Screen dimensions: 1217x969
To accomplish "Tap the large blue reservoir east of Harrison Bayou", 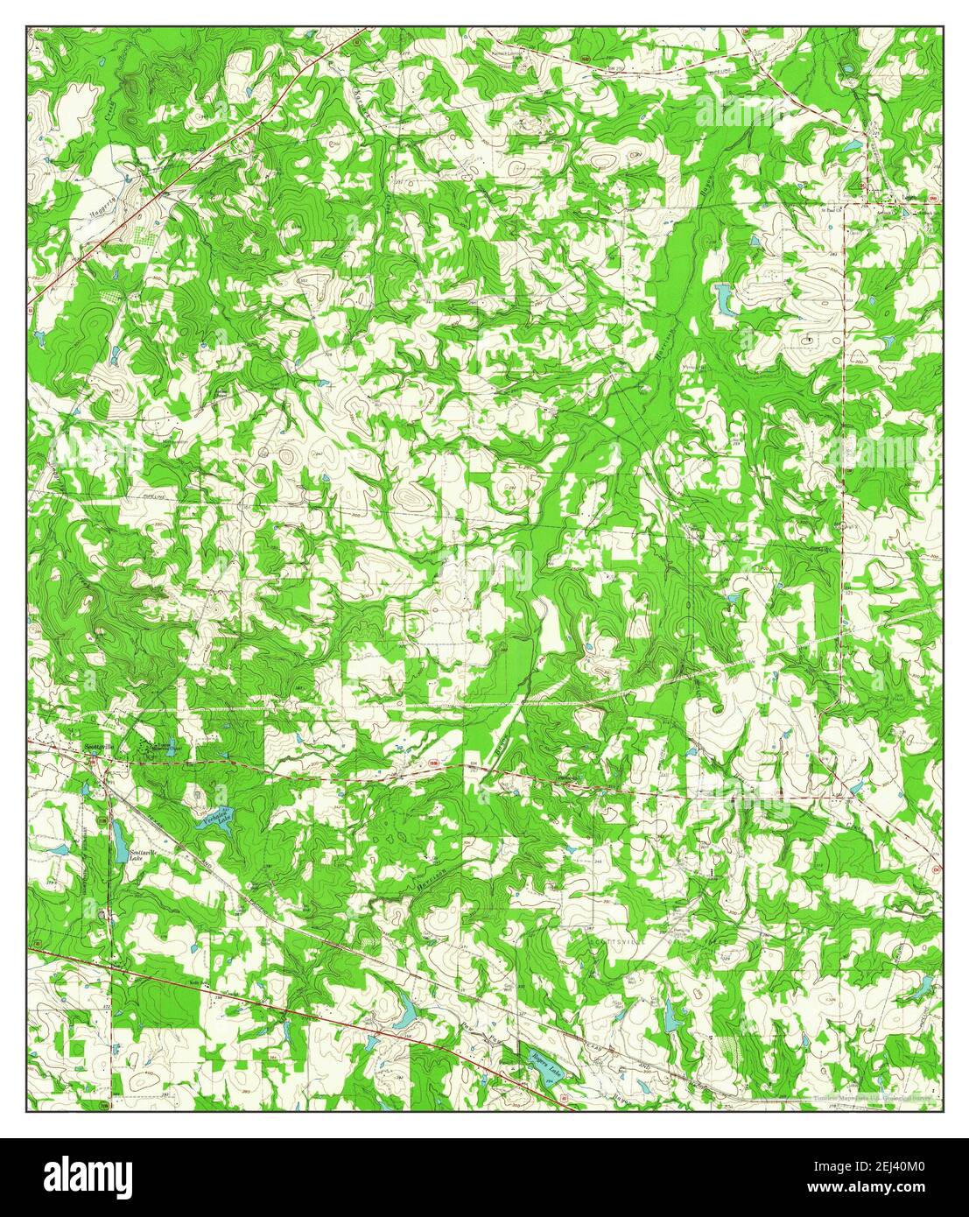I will coord(726,299).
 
